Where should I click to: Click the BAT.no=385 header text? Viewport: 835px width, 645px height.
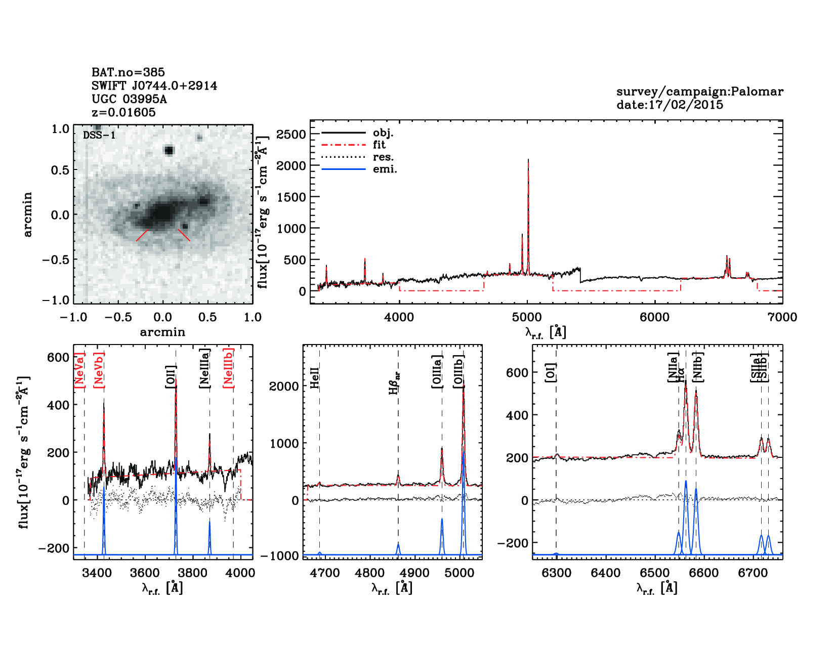[x=128, y=72]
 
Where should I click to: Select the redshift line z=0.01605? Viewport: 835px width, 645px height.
[x=123, y=112]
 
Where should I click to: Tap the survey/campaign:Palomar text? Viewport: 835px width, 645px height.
[x=699, y=92]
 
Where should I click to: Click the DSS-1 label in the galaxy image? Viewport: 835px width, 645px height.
[x=99, y=135]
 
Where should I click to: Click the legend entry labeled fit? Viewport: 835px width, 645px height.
[x=379, y=145]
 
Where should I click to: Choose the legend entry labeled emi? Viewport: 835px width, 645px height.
[x=385, y=169]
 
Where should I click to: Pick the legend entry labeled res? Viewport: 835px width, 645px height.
[x=383, y=157]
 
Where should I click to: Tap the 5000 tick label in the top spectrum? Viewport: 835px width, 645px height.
[x=527, y=317]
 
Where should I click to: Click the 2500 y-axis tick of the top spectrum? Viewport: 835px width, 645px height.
[x=291, y=135]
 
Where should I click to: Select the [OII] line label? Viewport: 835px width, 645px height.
[x=171, y=376]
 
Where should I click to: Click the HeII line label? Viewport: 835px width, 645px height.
[x=315, y=378]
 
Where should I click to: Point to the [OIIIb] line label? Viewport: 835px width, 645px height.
[x=459, y=371]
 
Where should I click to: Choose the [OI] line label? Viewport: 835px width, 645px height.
[x=551, y=372]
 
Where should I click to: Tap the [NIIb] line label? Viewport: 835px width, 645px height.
[x=698, y=366]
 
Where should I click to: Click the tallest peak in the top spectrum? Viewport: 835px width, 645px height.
[x=528, y=161]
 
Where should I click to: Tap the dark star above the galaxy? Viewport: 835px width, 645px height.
[x=169, y=150]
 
